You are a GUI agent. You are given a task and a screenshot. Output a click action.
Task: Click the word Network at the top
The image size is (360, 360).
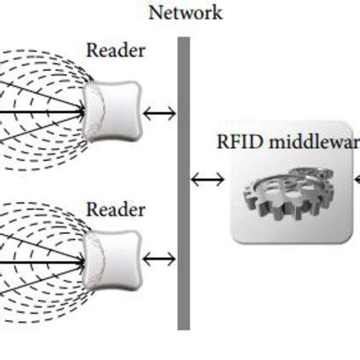(185, 13)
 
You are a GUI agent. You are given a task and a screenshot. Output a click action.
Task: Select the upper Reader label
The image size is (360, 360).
(116, 49)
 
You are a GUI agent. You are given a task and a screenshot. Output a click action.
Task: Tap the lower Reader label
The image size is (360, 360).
(116, 209)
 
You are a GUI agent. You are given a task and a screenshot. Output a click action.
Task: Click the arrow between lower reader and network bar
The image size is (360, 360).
(159, 259)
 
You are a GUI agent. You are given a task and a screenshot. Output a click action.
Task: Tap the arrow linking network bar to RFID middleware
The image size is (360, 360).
(209, 179)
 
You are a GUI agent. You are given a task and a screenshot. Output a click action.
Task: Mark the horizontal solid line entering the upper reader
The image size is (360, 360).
(43, 111)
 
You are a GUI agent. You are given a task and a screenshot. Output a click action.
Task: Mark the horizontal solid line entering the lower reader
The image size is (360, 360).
(43, 259)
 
